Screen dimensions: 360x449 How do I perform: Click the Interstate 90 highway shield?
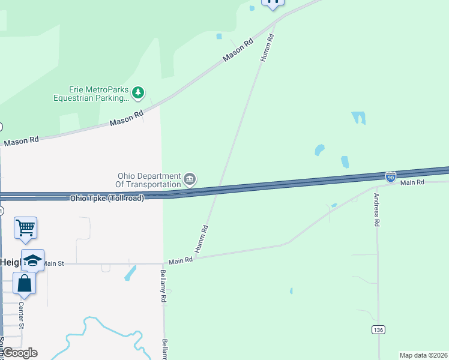391,176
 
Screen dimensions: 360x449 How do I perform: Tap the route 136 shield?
378,330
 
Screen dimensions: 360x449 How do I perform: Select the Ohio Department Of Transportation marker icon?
190,179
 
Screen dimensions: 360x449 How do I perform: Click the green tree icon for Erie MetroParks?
139,92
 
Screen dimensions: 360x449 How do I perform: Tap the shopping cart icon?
25,227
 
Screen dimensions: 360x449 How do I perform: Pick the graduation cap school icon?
32,260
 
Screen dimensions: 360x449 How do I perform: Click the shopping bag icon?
24,283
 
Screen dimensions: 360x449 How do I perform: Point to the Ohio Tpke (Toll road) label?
107,198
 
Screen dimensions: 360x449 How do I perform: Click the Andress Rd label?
377,209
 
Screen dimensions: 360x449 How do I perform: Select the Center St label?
20,316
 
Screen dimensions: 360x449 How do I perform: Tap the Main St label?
53,263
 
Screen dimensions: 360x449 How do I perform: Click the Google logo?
19,352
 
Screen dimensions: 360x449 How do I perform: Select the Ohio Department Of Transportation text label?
149,180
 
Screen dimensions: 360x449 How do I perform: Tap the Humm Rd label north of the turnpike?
267,47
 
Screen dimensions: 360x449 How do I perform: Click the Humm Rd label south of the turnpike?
201,238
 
